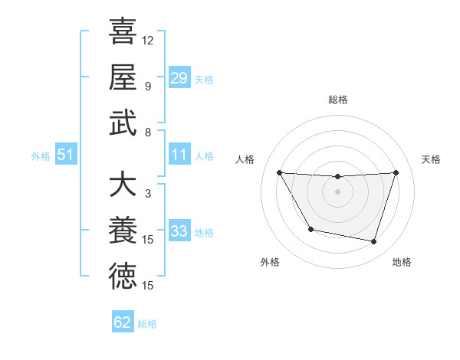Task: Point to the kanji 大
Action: [123, 185]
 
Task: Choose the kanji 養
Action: [123, 231]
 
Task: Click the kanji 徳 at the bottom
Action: [123, 276]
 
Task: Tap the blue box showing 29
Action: [179, 77]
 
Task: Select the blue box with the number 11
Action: [179, 155]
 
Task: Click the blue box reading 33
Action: [179, 231]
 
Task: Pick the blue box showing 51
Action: [66, 155]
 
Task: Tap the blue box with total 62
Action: [123, 322]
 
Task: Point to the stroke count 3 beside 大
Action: [147, 194]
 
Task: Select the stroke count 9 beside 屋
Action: [147, 86]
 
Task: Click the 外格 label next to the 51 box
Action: [41, 156]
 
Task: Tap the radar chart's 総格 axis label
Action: [337, 100]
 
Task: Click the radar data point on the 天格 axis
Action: [396, 172]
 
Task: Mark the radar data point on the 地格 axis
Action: [373, 242]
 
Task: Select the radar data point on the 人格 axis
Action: [279, 172]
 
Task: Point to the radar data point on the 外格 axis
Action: [310, 229]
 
